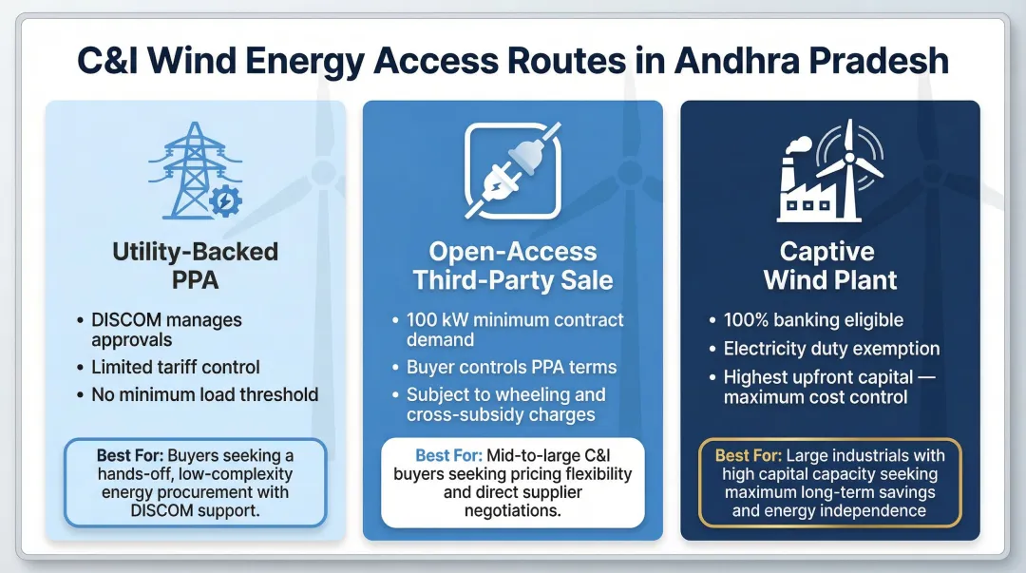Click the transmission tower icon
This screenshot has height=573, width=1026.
(188, 170)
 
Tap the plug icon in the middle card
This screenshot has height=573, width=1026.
(512, 170)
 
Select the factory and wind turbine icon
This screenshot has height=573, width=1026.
(830, 175)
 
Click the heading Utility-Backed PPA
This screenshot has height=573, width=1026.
(196, 266)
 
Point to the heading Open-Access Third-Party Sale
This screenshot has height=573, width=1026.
(513, 266)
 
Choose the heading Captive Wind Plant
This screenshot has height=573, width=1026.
(830, 266)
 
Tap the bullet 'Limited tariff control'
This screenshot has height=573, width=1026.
(176, 367)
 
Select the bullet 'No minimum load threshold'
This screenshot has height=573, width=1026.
(205, 393)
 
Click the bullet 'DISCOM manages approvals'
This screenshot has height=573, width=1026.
(166, 330)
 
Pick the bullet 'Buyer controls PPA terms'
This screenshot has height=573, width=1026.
(511, 367)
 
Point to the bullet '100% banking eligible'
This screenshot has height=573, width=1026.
(813, 320)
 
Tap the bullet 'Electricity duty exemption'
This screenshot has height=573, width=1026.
(831, 349)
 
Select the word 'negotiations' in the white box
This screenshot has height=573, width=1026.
(513, 510)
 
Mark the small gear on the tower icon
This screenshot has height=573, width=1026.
(224, 201)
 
